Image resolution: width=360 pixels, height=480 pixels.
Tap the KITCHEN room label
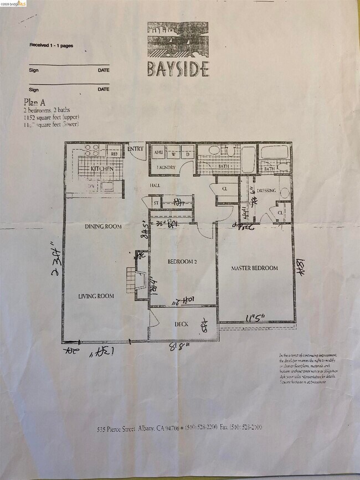coord(102,168)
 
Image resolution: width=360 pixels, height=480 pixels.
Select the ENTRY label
coord(136,149)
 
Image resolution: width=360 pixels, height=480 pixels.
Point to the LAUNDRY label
coord(166,167)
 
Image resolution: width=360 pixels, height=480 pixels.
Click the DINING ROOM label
coord(104,226)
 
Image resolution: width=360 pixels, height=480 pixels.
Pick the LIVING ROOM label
coord(96,296)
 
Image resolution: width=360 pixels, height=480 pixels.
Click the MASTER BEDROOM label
coord(254,268)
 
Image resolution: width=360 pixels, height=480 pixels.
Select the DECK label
coord(183,324)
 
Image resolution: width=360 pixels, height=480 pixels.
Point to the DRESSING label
coord(266,191)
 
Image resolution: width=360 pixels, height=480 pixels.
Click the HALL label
coord(155,185)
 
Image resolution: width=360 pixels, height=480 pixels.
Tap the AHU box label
coord(158,152)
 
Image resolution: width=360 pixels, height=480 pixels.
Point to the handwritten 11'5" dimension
coord(255,318)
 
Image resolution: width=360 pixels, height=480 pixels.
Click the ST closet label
coord(156,203)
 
